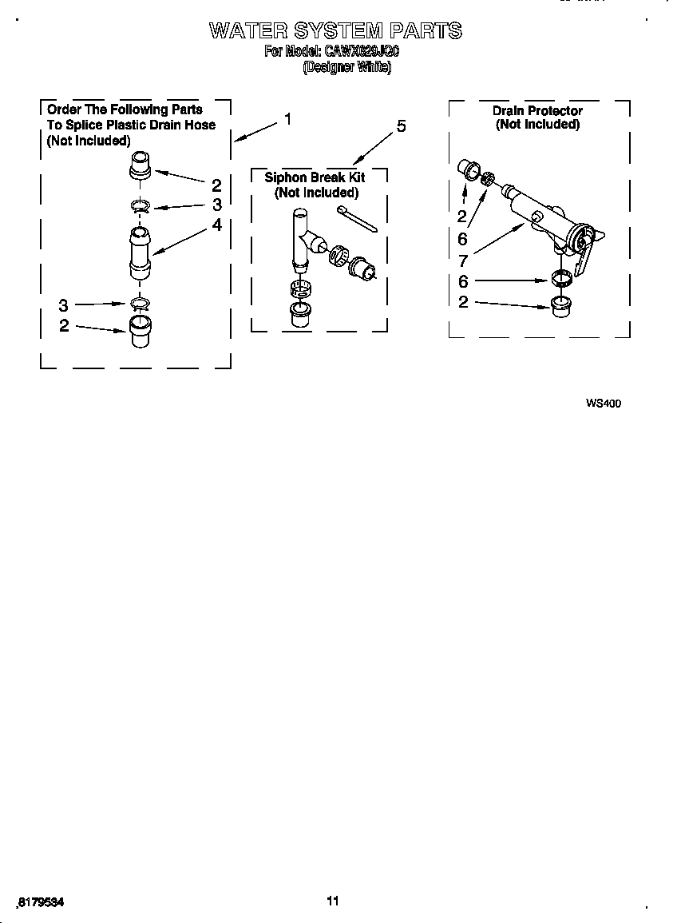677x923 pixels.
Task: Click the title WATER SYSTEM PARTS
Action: point(335,31)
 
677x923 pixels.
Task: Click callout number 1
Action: point(287,119)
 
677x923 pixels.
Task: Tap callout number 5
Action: point(401,126)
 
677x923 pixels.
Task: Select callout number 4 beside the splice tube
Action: point(216,225)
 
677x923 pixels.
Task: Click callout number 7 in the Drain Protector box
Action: point(463,260)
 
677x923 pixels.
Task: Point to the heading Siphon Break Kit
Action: point(315,177)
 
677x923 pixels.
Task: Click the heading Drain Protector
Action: point(537,110)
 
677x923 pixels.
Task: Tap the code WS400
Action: point(603,404)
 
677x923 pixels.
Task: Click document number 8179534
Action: point(40,901)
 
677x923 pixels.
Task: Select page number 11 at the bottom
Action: point(333,901)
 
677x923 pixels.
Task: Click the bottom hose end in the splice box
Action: point(140,330)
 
